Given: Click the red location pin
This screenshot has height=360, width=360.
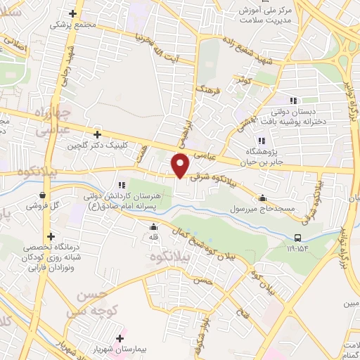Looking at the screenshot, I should click(x=181, y=166).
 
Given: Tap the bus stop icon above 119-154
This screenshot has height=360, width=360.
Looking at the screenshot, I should click(x=297, y=238).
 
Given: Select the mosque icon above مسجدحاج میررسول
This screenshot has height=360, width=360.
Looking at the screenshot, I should click(x=263, y=198).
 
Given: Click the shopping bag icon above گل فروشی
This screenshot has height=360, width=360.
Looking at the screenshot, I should click(x=44, y=195).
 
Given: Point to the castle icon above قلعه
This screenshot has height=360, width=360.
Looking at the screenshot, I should click(x=153, y=226).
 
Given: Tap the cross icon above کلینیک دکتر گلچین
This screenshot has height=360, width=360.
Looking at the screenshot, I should click(x=97, y=134).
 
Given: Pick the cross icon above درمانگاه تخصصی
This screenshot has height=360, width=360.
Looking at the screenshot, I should click(x=50, y=237).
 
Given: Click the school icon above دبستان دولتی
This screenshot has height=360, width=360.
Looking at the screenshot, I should click(x=293, y=101).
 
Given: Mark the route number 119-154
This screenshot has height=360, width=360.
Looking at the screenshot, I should click(x=297, y=248).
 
